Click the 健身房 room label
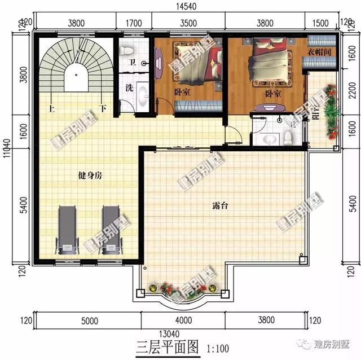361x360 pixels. pyautogui.click(x=90, y=175)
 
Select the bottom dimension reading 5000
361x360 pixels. pyautogui.click(x=89, y=321)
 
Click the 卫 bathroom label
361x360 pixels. pyautogui.click(x=131, y=63)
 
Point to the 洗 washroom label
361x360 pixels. pyautogui.click(x=129, y=88)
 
